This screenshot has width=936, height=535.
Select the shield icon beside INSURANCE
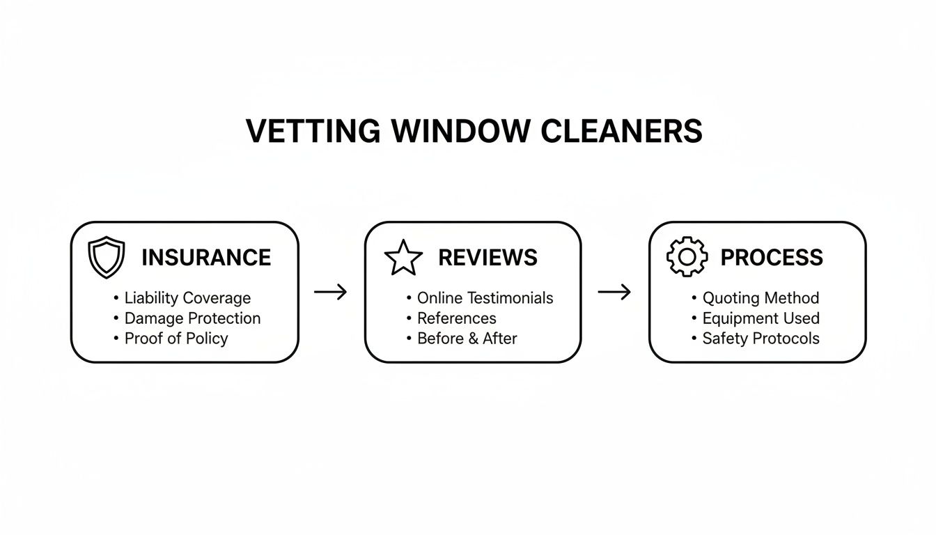107,257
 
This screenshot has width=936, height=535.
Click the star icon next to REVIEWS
403,258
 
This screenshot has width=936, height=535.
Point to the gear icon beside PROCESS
687,257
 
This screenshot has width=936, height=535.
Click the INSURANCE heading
205,258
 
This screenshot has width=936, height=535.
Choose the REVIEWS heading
487,258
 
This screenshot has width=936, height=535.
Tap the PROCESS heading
771,258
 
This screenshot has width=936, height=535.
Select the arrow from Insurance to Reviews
330,292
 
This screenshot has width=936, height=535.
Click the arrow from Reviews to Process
614,292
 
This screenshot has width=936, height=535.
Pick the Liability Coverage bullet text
187,298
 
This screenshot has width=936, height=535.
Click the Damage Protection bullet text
192,318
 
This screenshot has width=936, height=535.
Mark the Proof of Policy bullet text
176,339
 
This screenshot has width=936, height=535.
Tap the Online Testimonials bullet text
485,298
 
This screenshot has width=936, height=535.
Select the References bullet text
456,318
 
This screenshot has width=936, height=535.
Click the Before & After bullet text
467,339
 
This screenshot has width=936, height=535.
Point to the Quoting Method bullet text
760,298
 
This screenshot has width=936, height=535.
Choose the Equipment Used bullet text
760,318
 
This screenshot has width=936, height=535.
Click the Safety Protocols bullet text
760,339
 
